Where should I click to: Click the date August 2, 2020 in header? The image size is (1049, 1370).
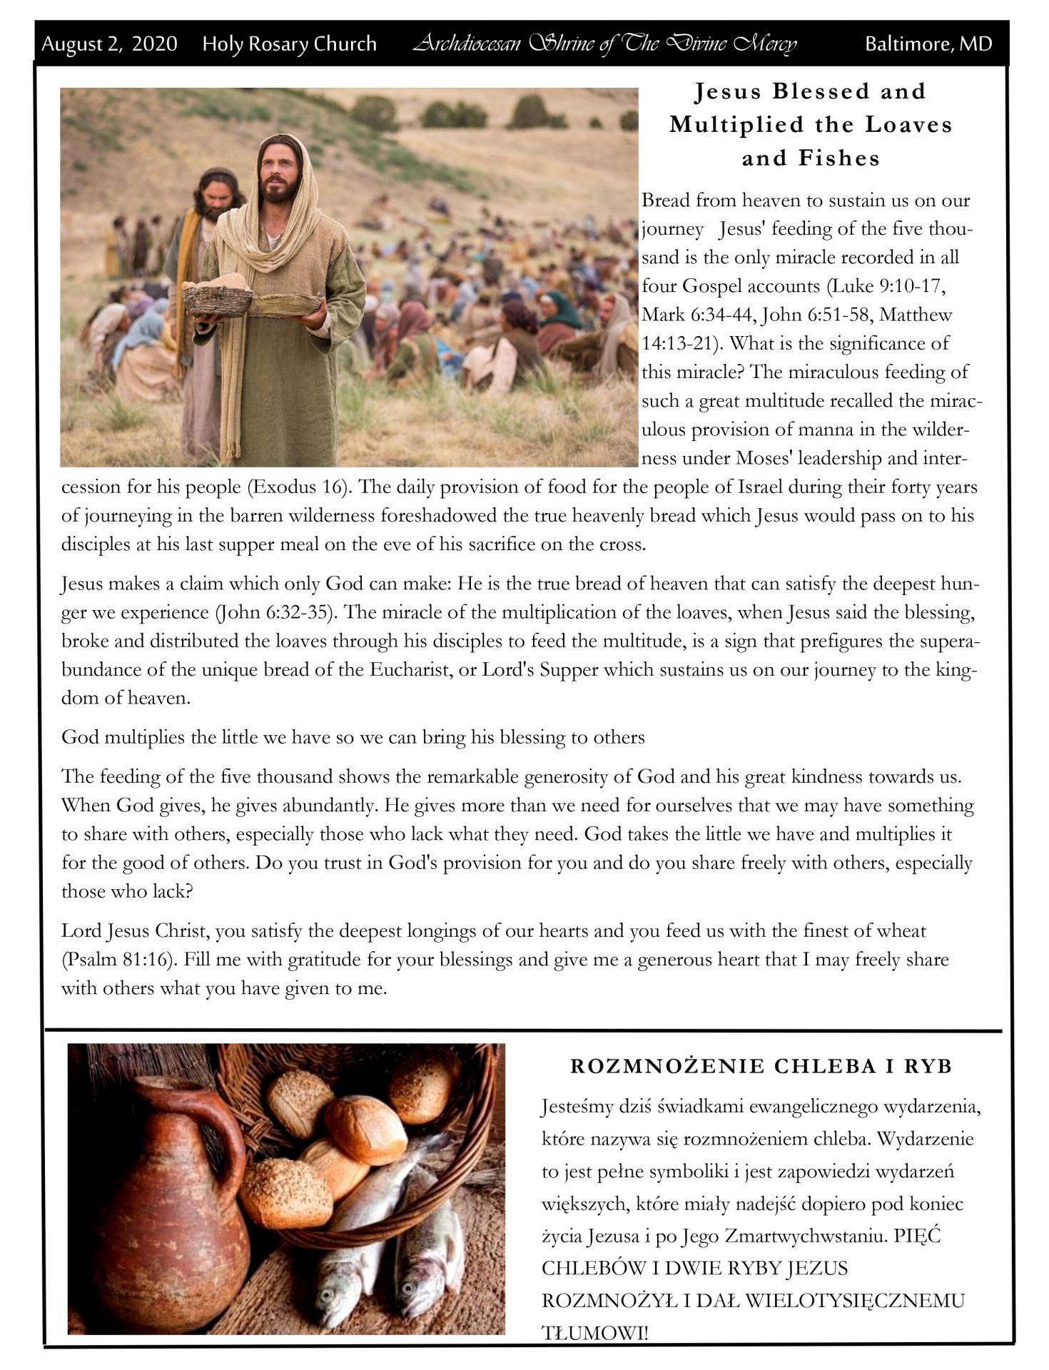pyautogui.click(x=109, y=44)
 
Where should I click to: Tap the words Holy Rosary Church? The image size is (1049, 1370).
pyautogui.click(x=289, y=44)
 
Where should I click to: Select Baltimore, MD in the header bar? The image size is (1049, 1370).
pyautogui.click(x=928, y=44)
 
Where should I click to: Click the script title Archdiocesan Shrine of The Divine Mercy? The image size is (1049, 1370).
pyautogui.click(x=604, y=44)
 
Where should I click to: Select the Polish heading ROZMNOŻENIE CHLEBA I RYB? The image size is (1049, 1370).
pyautogui.click(x=761, y=1067)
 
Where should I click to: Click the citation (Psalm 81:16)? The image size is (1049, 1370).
pyautogui.click(x=118, y=960)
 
